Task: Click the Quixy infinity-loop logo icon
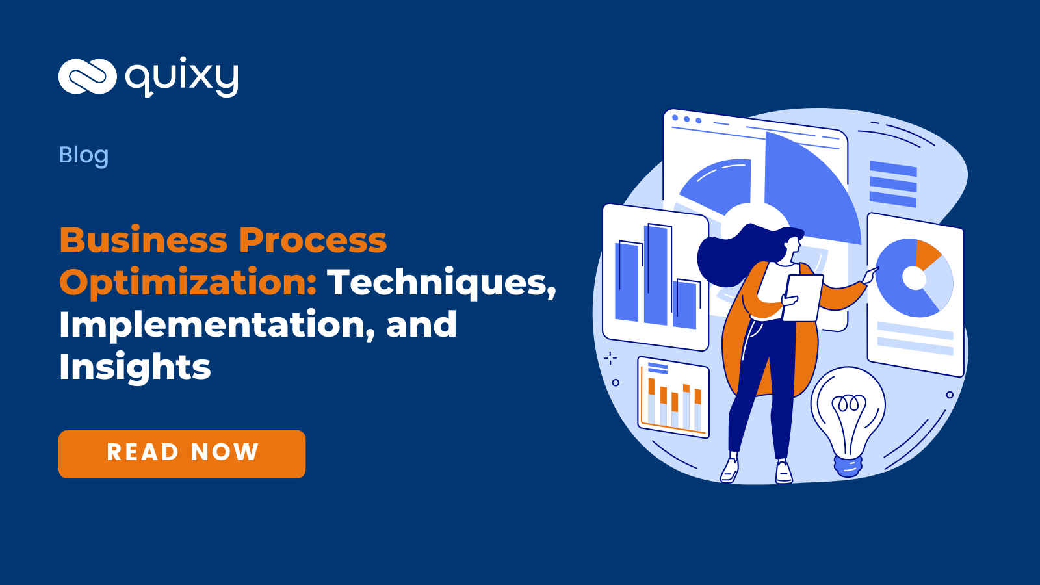point(87,76)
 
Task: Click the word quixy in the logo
point(182,77)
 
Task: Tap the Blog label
point(83,155)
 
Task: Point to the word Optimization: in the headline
point(188,282)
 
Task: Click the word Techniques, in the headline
point(441,282)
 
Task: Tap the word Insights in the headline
point(135,367)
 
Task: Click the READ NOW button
point(182,454)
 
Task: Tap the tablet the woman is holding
point(803,298)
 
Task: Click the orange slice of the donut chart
point(926,254)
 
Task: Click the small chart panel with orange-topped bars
point(673,396)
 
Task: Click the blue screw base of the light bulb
point(848,465)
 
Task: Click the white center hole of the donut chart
point(914,278)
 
